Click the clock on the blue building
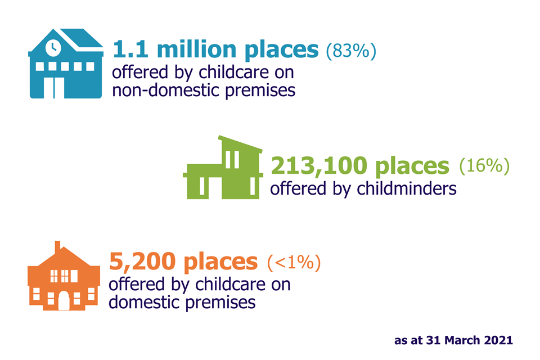(53, 48)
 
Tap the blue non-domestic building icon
(65, 64)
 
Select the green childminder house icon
(223, 168)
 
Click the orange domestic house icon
(64, 276)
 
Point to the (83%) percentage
(351, 51)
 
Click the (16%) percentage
(484, 166)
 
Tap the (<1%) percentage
(294, 263)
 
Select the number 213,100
(319, 166)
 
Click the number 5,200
(142, 262)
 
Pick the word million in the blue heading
(197, 49)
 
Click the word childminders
(406, 189)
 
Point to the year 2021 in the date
(498, 340)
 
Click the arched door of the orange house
(64, 301)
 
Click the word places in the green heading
(412, 166)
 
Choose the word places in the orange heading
(220, 263)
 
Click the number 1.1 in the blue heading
(130, 49)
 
